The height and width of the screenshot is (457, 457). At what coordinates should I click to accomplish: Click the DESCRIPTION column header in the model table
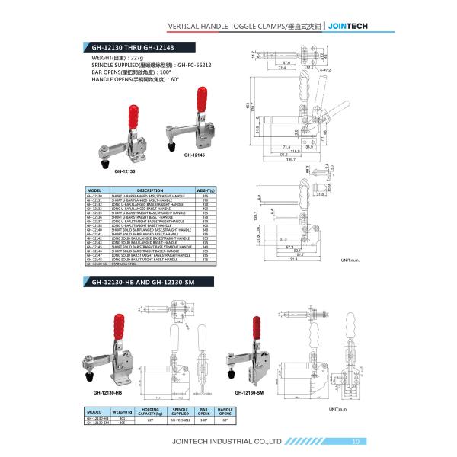(x=149, y=190)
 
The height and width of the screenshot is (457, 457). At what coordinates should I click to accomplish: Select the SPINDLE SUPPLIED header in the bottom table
(x=181, y=411)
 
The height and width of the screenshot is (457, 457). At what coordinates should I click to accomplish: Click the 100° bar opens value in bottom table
(x=204, y=420)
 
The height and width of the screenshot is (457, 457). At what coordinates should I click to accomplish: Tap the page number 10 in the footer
(x=356, y=441)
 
